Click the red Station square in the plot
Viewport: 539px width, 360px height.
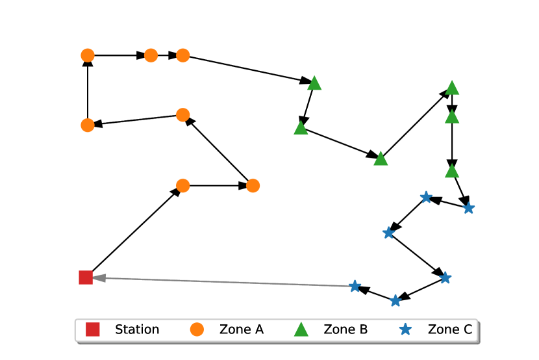pyautogui.click(x=86, y=277)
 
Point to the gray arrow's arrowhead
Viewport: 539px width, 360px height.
pyautogui.click(x=97, y=277)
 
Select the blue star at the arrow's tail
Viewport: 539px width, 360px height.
pyautogui.click(x=355, y=286)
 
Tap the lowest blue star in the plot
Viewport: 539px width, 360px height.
pyautogui.click(x=395, y=300)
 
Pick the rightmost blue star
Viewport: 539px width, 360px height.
pyautogui.click(x=468, y=208)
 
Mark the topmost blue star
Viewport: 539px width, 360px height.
pyautogui.click(x=426, y=197)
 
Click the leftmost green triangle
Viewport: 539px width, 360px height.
pyautogui.click(x=301, y=128)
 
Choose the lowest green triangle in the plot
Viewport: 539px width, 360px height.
pyautogui.click(x=452, y=172)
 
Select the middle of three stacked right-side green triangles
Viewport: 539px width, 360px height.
pyautogui.click(x=452, y=117)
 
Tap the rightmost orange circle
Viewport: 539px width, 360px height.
pyautogui.click(x=253, y=186)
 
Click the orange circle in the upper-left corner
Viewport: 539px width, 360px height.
pyautogui.click(x=88, y=56)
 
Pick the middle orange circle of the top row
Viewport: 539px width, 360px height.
pyautogui.click(x=151, y=56)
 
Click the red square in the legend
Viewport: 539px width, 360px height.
pyautogui.click(x=93, y=329)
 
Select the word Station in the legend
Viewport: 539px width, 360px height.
pyautogui.click(x=137, y=329)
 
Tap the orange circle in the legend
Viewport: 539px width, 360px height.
pyautogui.click(x=197, y=329)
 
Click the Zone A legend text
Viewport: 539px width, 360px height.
pyautogui.click(x=242, y=329)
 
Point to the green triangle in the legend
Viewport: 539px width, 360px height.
pyautogui.click(x=301, y=329)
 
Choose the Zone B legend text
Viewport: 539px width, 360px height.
pyautogui.click(x=345, y=329)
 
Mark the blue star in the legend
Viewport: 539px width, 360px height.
pyautogui.click(x=405, y=329)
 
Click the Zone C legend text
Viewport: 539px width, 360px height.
pyautogui.click(x=449, y=329)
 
